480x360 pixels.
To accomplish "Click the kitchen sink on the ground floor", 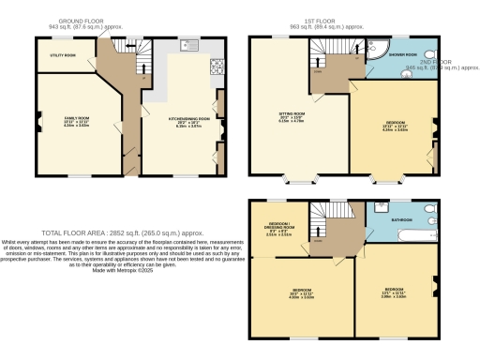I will (x=187, y=44).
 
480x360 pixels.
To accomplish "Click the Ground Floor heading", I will (x=81, y=20).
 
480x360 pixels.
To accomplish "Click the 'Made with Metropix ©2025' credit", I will (x=115, y=270).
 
